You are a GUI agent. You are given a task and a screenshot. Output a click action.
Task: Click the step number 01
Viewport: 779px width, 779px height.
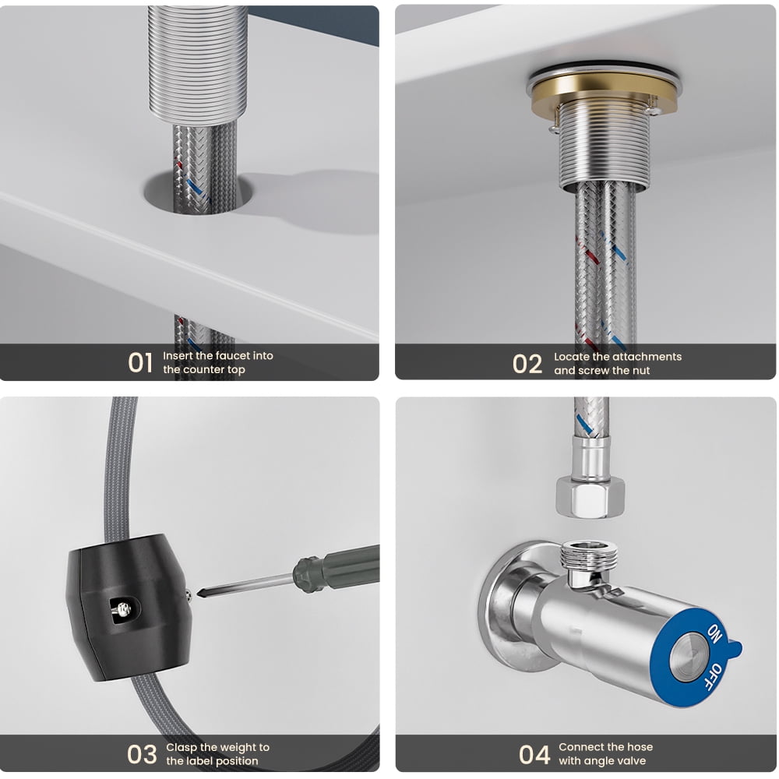tap(139, 362)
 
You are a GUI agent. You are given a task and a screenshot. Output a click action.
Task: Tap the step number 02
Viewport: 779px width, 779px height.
tap(527, 364)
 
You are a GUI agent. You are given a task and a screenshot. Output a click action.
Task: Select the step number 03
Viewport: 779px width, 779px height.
tap(142, 754)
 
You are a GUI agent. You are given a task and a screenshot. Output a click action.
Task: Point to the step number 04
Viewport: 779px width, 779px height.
tap(534, 754)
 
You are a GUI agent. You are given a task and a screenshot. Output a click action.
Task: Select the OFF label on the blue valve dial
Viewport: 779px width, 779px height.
tap(714, 677)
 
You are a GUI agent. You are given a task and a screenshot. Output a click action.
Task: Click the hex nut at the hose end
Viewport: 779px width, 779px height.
tap(590, 497)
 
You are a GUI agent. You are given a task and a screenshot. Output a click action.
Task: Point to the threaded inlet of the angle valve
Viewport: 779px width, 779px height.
tap(589, 556)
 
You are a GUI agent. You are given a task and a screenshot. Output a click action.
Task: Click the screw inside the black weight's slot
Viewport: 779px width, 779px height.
tap(123, 608)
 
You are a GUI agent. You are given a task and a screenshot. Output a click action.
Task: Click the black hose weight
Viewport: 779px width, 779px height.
tap(129, 607)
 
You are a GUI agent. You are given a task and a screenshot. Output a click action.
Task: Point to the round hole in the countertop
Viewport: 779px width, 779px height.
tap(199, 194)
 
